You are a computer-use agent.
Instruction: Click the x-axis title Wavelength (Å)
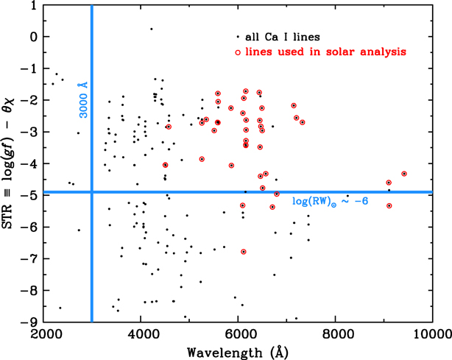click(236, 351)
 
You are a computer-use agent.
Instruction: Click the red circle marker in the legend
click(237, 52)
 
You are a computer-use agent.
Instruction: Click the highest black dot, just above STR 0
click(151, 29)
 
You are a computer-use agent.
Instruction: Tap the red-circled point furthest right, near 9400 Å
click(404, 174)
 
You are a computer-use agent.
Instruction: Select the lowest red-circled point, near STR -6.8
click(244, 252)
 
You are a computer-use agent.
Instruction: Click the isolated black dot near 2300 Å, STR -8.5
click(60, 308)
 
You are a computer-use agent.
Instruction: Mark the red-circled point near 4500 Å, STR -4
click(165, 165)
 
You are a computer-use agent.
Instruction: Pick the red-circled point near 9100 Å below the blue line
click(389, 205)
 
